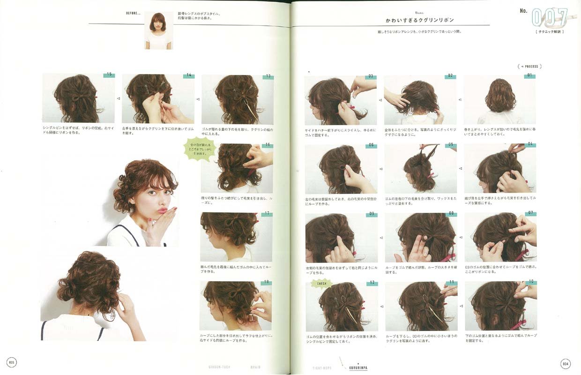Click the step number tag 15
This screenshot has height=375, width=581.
(109, 75)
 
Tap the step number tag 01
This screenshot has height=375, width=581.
(530, 76)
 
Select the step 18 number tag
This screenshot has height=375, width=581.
(267, 283)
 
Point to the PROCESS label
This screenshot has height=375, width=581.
(529, 67)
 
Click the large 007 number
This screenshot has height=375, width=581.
(549, 17)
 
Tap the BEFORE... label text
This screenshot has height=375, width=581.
(133, 13)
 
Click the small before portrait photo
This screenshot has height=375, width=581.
(158, 30)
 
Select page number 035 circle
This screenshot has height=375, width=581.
(12, 362)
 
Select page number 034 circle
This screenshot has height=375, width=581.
(566, 363)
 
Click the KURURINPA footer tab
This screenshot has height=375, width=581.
(358, 368)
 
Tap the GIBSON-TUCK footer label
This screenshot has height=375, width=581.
(219, 367)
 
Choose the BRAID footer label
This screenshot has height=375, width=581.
(255, 367)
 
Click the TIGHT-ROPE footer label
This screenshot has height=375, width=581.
(322, 368)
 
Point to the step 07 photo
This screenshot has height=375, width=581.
(500, 237)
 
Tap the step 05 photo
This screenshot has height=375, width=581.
(420, 168)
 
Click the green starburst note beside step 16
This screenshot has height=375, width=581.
(199, 149)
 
